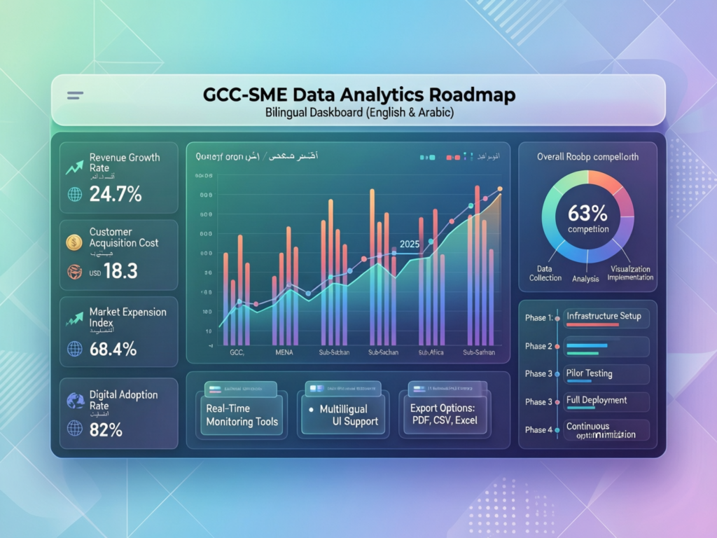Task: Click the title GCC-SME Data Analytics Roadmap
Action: (x=358, y=95)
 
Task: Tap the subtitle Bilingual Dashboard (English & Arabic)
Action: (x=358, y=112)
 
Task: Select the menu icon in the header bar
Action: (x=75, y=95)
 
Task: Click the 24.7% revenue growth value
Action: (x=116, y=194)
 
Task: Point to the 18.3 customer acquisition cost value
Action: (x=120, y=271)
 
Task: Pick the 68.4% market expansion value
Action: (x=113, y=348)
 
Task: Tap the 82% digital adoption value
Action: (x=106, y=429)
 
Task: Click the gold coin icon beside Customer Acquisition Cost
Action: (x=74, y=242)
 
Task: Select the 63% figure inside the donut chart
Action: (x=588, y=212)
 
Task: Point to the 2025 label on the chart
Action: (x=410, y=244)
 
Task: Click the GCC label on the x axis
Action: (x=237, y=352)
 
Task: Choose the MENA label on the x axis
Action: (x=286, y=352)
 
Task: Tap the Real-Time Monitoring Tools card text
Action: (x=242, y=415)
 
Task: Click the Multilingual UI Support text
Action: (x=348, y=415)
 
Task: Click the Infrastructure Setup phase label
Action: (x=603, y=316)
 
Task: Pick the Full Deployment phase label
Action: (x=596, y=400)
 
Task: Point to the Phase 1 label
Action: (x=538, y=318)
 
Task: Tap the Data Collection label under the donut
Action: (x=545, y=273)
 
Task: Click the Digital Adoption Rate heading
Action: (x=123, y=400)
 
